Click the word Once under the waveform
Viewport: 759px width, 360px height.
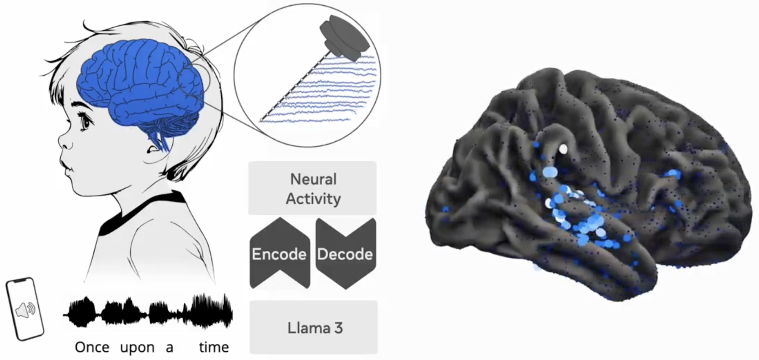pos(92,347)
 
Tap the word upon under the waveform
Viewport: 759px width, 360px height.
pos(137,347)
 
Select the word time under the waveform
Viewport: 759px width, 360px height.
pos(214,347)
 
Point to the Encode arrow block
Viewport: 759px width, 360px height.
pos(280,254)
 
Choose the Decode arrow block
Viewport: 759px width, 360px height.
pos(345,254)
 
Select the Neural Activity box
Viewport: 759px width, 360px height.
pos(312,188)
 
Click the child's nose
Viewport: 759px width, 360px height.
pos(65,142)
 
